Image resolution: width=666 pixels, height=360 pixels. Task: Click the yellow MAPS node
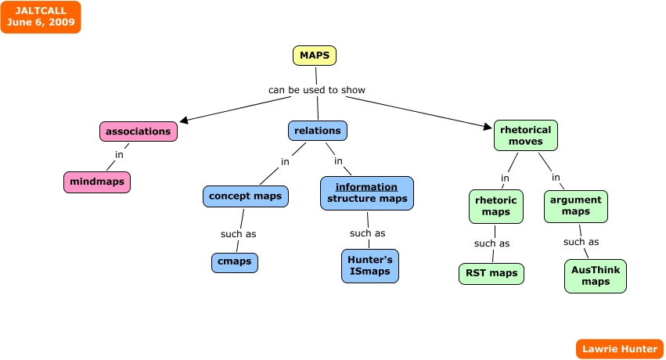point(315,56)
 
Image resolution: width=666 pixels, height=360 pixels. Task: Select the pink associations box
point(139,131)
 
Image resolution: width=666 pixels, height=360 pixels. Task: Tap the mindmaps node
point(97,182)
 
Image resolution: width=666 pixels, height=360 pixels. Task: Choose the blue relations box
point(318,131)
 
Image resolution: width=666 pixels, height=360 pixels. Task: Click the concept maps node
point(246,196)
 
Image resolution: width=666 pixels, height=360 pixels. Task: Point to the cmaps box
point(235,262)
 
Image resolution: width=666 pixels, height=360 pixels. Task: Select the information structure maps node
point(367,193)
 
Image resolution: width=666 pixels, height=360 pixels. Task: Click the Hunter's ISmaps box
point(370,266)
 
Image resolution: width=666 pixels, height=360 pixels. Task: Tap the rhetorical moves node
point(526,135)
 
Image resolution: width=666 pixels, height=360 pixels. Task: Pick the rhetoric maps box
point(496,207)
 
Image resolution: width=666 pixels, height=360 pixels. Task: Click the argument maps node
point(576,207)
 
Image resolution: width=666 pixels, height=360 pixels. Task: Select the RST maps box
point(491,274)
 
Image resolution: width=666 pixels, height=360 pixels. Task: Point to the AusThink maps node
point(596,276)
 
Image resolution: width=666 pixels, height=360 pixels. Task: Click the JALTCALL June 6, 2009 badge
point(41,17)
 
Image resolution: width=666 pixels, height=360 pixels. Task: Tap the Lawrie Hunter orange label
point(620,349)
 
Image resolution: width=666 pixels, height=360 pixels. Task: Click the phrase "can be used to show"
point(317,90)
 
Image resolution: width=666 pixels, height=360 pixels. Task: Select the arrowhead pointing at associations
point(184,121)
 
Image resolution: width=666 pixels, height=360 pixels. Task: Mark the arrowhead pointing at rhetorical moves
point(488,126)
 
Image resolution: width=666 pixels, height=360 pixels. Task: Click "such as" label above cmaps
point(238,234)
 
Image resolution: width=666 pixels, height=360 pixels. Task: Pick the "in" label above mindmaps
point(120,154)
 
